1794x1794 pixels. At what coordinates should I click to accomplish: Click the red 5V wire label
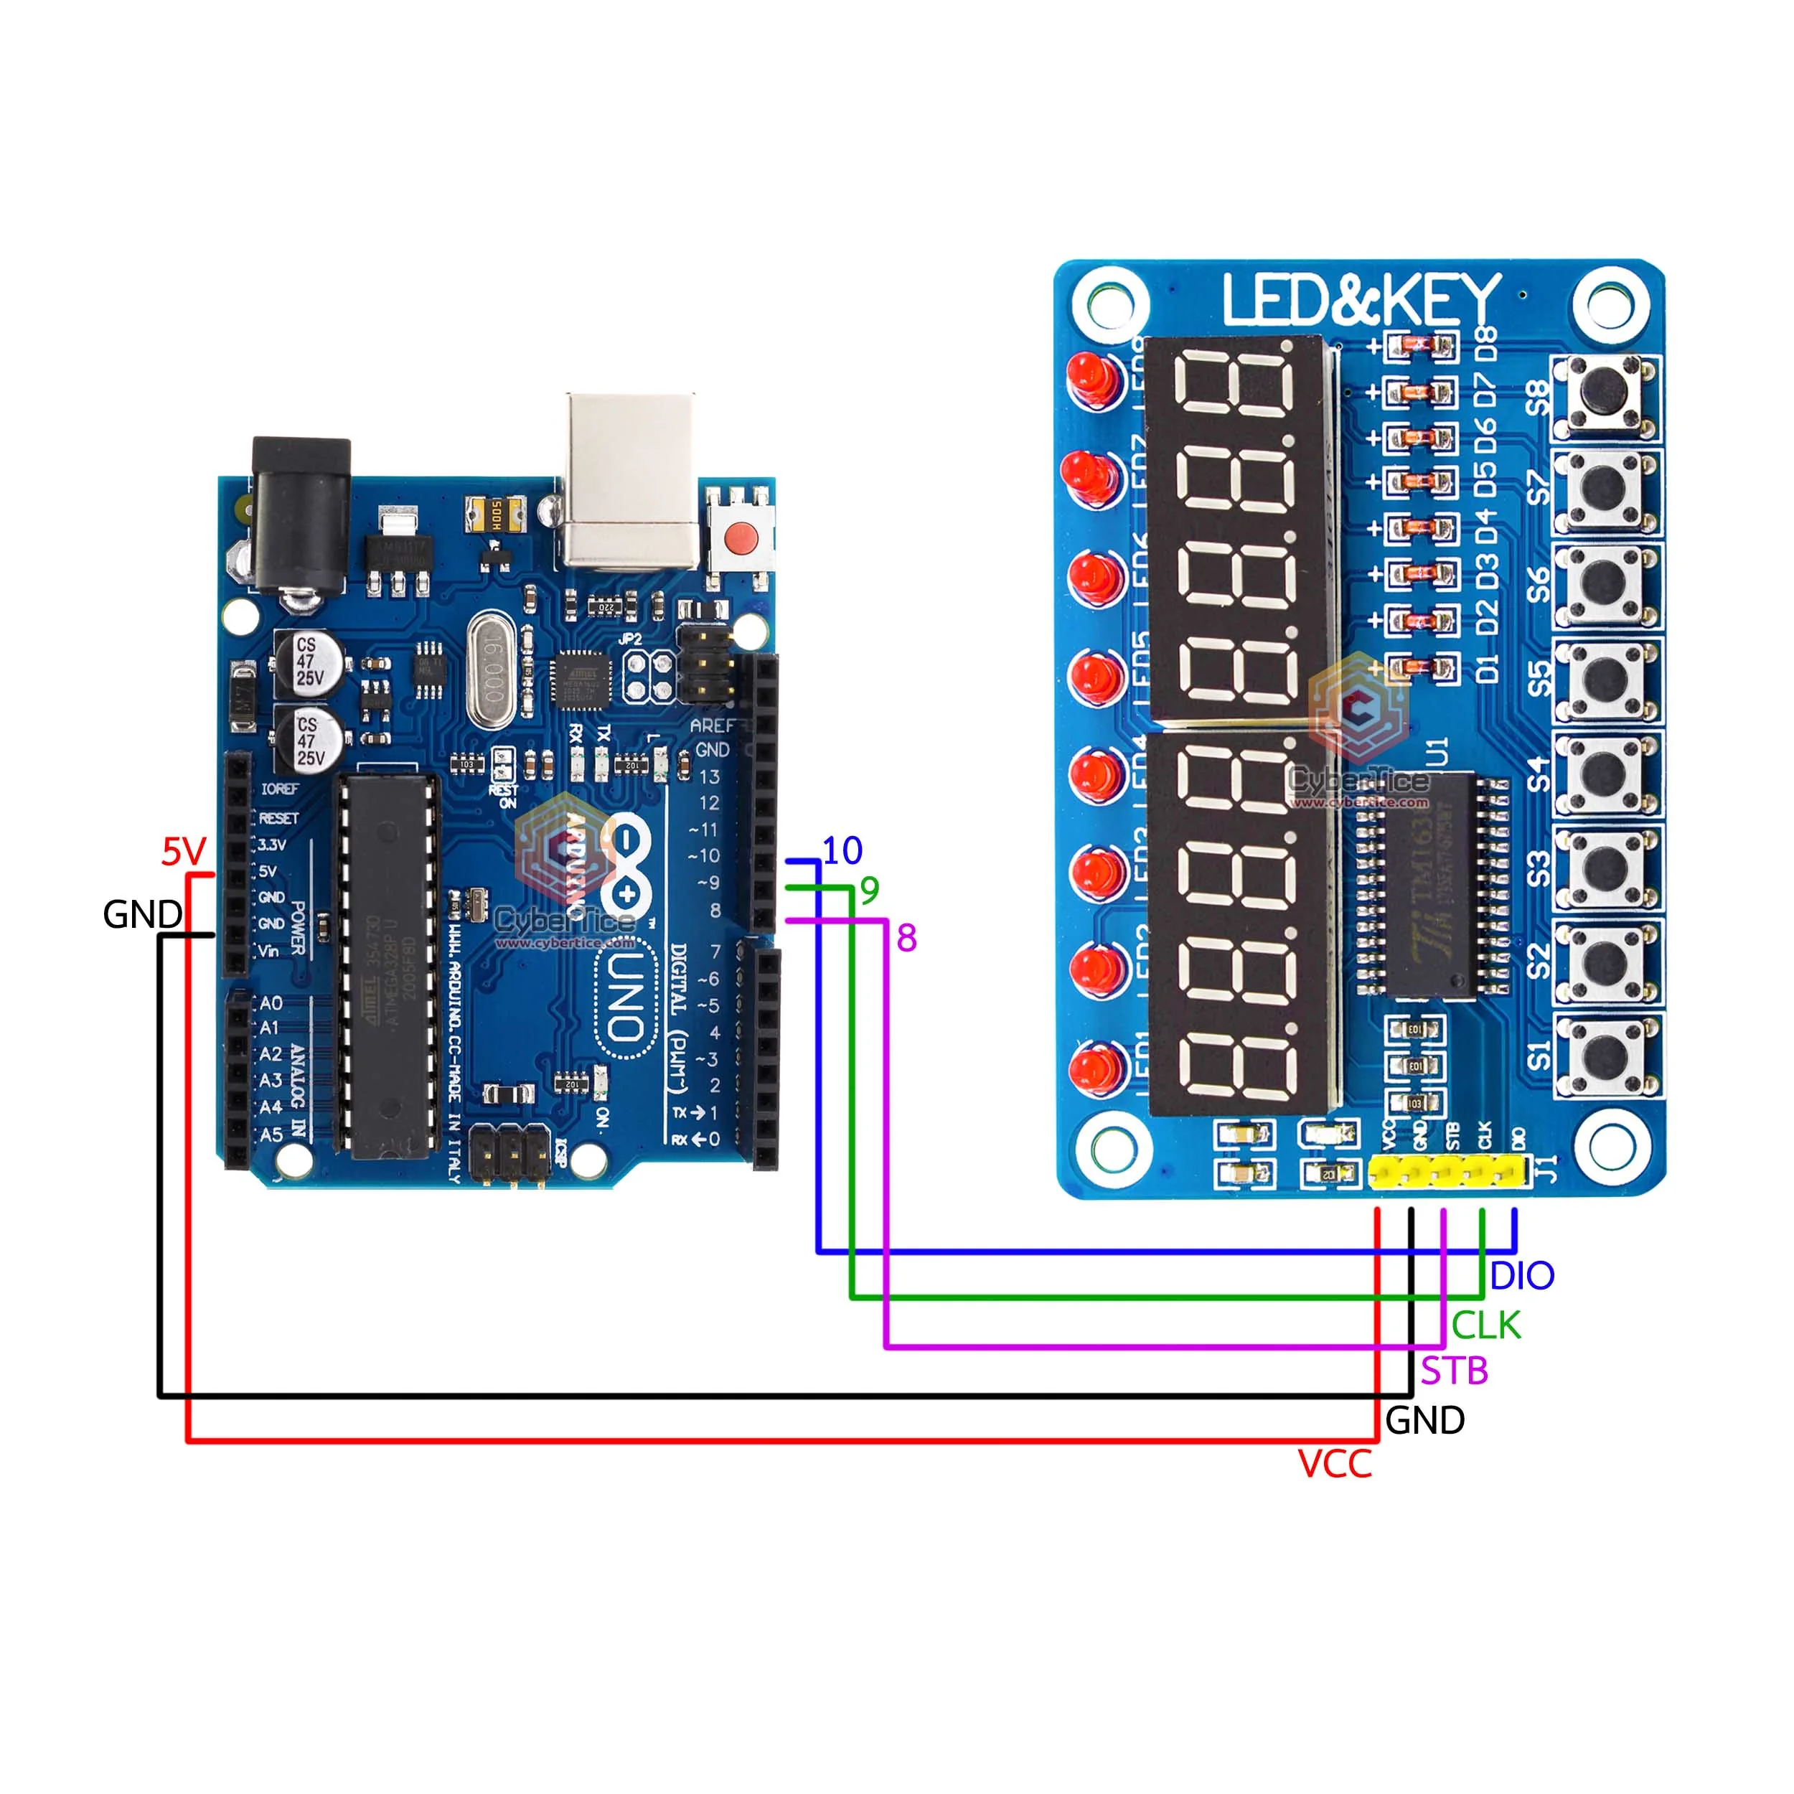(x=183, y=850)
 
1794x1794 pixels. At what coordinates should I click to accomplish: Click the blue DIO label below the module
(x=1521, y=1276)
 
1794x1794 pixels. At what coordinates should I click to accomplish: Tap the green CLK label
(x=1485, y=1325)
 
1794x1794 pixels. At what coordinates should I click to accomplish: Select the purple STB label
(x=1454, y=1371)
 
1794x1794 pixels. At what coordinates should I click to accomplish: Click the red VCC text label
(x=1334, y=1465)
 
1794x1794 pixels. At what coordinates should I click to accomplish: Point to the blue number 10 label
(x=842, y=850)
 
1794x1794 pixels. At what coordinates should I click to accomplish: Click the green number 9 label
(x=869, y=891)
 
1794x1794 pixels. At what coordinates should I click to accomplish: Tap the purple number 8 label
(x=906, y=939)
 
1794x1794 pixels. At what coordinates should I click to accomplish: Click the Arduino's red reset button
(x=740, y=537)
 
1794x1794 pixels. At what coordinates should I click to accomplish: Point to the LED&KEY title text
(x=1361, y=300)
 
